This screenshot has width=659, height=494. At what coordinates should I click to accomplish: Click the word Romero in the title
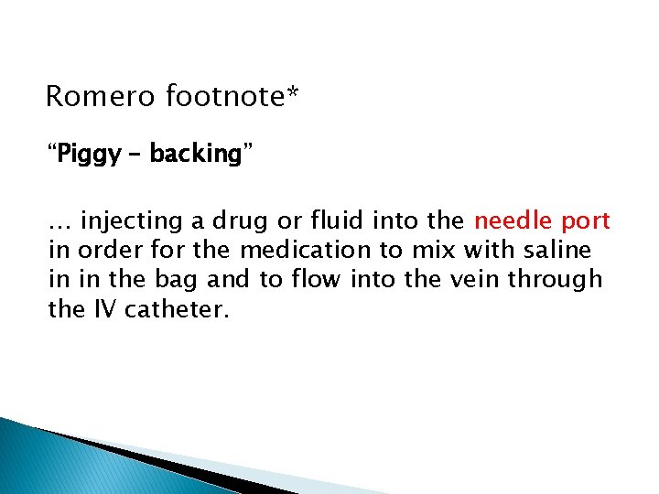pos(102,96)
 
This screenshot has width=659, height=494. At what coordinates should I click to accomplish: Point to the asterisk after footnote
pos(293,92)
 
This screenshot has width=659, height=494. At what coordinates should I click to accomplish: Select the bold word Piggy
pos(87,155)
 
